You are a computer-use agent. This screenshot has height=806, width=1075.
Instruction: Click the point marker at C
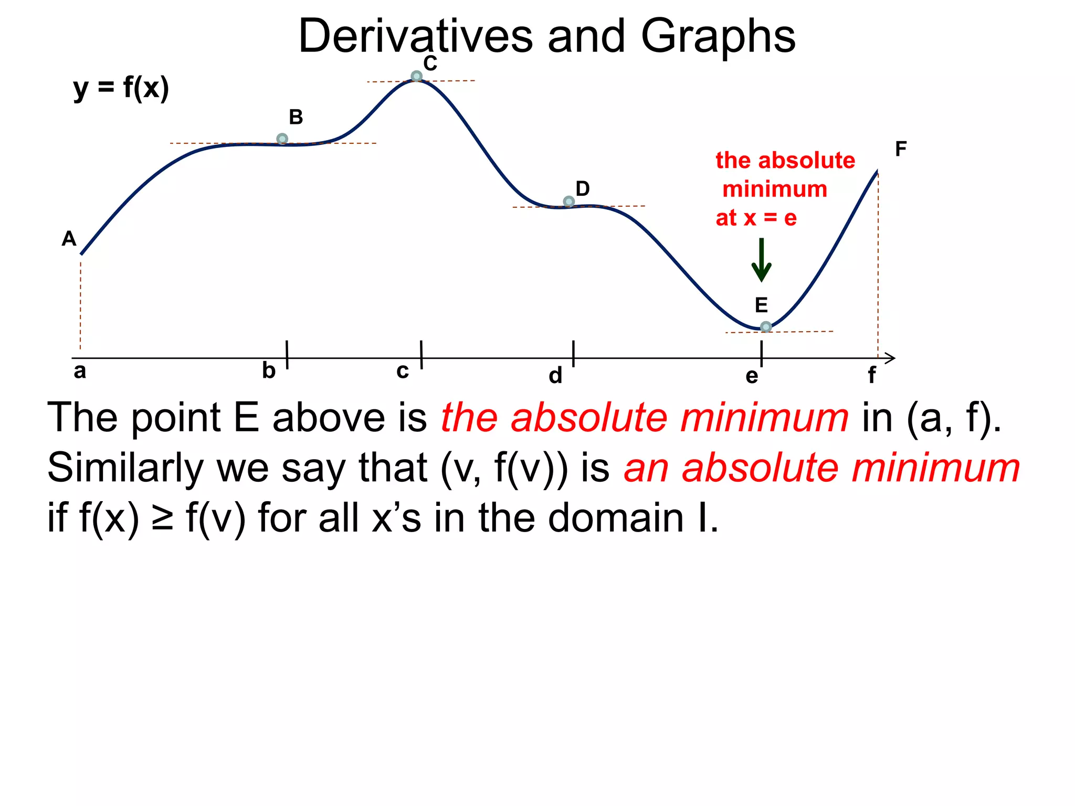(x=416, y=77)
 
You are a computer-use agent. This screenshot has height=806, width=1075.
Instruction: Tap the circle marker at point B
(x=282, y=139)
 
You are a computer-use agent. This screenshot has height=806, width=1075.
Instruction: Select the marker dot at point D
(x=568, y=201)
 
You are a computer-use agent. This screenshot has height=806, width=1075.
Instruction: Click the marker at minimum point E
(x=766, y=327)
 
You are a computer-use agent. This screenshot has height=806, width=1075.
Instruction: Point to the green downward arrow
(x=761, y=260)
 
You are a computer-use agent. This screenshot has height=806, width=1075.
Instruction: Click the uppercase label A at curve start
(x=69, y=239)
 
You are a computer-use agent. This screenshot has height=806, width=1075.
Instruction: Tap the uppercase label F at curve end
(x=901, y=149)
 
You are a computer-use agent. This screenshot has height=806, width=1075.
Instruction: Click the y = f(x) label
(x=121, y=88)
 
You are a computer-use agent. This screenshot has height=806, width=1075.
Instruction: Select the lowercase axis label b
(x=269, y=371)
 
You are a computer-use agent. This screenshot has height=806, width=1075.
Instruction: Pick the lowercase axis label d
(x=555, y=376)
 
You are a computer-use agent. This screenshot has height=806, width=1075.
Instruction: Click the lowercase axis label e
(x=752, y=376)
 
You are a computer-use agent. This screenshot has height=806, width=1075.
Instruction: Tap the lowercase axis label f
(x=871, y=376)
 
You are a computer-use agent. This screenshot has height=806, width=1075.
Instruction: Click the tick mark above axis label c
(x=421, y=354)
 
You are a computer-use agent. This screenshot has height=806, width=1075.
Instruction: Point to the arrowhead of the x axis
(x=891, y=358)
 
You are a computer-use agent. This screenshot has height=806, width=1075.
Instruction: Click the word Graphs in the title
(x=718, y=37)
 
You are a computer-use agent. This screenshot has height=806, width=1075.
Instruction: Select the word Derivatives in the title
(x=415, y=37)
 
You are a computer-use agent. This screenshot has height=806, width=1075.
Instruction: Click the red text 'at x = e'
(x=756, y=218)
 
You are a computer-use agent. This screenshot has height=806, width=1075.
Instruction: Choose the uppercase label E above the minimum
(x=761, y=305)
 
